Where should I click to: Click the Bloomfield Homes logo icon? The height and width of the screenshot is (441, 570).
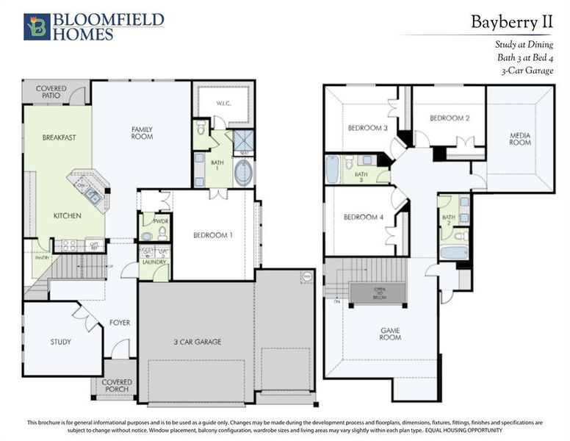coord(37,26)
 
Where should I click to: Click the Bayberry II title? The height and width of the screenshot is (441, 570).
coord(511,23)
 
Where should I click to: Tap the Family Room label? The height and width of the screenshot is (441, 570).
coord(142,133)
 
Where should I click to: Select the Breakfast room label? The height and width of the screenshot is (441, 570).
coord(59,137)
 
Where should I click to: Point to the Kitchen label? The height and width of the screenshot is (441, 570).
coord(67,215)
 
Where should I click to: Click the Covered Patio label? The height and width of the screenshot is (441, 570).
coord(51,92)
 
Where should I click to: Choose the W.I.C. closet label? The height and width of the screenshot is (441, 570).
coord(223,104)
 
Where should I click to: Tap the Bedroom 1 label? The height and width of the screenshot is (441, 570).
coord(213,235)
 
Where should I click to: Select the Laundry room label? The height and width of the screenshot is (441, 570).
coord(154,262)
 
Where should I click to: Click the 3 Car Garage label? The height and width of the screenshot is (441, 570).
coord(197,342)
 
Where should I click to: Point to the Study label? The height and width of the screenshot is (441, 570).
coord(61,342)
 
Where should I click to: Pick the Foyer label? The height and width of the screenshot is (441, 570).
coord(120,322)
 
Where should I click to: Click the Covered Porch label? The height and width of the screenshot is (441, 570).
coord(117,386)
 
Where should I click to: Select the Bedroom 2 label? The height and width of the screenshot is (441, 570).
coord(449,118)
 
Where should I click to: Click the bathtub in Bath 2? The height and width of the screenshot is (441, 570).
coord(455,253)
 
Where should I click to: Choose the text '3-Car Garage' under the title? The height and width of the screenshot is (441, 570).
coord(526,71)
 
